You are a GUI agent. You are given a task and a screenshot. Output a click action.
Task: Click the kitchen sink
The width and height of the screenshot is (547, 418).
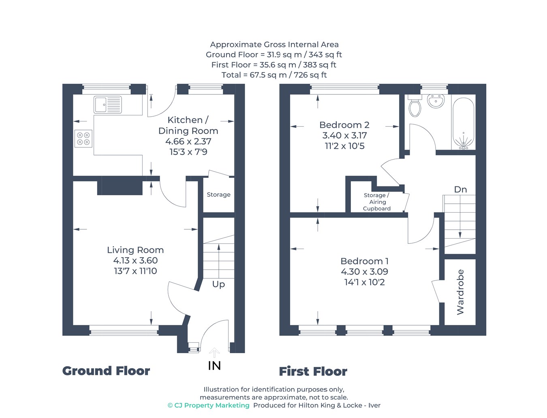click(108, 104)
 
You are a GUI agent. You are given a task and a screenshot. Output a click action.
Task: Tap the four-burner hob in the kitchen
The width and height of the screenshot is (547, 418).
click(83, 139)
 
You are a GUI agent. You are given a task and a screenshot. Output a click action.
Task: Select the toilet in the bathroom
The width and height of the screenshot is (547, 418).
click(415, 105)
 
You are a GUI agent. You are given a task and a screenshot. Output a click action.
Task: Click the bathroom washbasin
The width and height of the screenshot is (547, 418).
click(436, 101)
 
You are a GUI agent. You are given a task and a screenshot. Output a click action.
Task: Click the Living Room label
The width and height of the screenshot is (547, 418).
click(135, 250)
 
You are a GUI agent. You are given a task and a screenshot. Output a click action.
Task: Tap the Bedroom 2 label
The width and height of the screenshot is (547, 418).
click(344, 125)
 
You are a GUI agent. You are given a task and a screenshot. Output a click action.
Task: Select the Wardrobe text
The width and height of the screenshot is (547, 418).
click(460, 292)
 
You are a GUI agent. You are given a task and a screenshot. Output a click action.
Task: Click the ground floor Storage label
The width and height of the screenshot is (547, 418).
click(218, 194)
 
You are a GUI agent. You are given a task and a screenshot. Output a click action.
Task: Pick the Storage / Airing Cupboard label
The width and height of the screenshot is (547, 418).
click(376, 202)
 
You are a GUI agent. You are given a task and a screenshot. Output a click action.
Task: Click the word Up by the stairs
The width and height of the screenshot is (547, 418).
click(218, 284)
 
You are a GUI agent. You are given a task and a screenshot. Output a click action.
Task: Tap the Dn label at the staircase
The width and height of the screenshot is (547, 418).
click(460, 190)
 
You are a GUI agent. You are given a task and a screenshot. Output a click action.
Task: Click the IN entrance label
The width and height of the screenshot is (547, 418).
click(214, 366)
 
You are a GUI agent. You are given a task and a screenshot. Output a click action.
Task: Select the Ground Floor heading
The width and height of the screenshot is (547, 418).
click(106, 371)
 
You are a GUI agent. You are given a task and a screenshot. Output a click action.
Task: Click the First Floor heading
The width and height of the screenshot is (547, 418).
click(313, 371)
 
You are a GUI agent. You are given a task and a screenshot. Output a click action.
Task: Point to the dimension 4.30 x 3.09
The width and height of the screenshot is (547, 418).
click(364, 271)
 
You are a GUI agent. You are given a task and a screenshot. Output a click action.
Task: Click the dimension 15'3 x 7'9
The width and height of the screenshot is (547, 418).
click(188, 152)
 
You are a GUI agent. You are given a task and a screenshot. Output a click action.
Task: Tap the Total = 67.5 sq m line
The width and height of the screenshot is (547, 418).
click(274, 75)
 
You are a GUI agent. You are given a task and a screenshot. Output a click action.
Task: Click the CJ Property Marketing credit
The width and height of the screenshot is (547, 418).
click(209, 405)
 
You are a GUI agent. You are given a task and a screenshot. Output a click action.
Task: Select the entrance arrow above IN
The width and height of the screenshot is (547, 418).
click(214, 352)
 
